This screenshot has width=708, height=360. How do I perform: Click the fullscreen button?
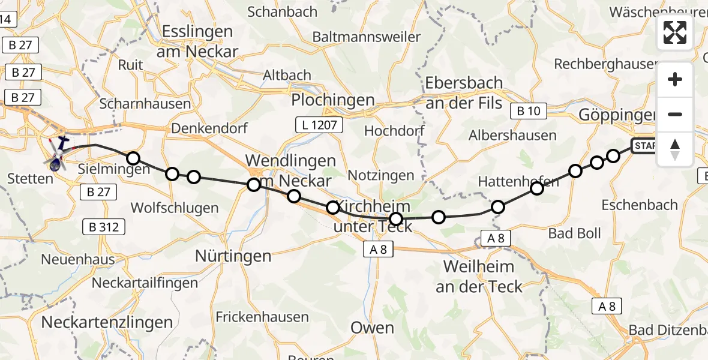pyautogui.click(x=675, y=32)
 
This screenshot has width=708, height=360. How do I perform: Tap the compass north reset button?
pyautogui.click(x=675, y=149)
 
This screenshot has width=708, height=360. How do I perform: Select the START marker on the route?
pyautogui.click(x=645, y=146)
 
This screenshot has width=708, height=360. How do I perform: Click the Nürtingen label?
pyautogui.click(x=233, y=256)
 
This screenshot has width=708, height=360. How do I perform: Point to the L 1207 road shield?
pyautogui.click(x=319, y=125)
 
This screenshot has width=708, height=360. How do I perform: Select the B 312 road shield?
pyautogui.click(x=104, y=227)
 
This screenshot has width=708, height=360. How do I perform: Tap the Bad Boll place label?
pyautogui.click(x=574, y=233)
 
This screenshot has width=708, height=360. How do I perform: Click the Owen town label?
pyautogui.click(x=372, y=328)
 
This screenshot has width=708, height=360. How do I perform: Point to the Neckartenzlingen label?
pyautogui.click(x=107, y=322)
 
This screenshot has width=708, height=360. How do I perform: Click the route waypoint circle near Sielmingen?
pyautogui.click(x=133, y=158)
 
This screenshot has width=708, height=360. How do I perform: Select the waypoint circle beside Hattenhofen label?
pyautogui.click(x=537, y=188)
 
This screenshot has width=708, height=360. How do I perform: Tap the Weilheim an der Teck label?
pyautogui.click(x=478, y=276)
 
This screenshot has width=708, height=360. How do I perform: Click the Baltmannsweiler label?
pyautogui.click(x=366, y=37)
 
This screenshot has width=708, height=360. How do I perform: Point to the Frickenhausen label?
pyautogui.click(x=262, y=317)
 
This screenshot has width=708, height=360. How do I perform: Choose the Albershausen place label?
pyautogui.click(x=513, y=136)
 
